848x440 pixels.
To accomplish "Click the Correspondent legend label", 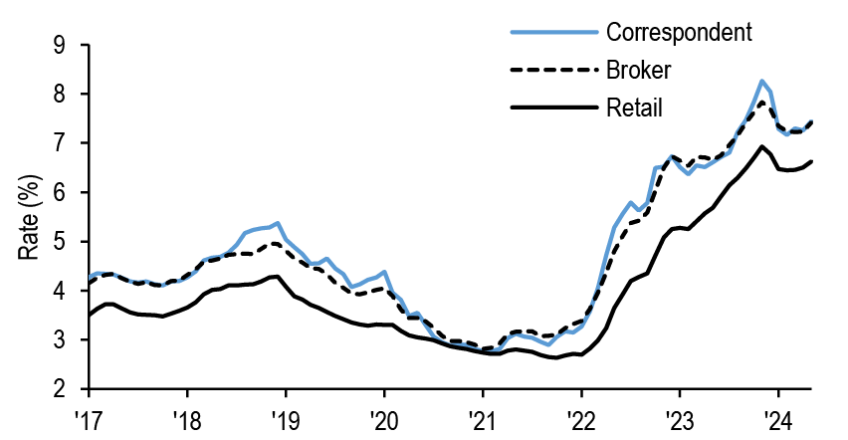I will tap(678, 31).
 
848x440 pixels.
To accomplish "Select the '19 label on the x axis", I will tap(285, 416).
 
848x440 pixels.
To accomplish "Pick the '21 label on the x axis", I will tap(482, 416).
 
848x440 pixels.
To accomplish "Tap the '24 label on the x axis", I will tap(777, 416).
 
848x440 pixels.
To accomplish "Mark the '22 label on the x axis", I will tap(580, 416).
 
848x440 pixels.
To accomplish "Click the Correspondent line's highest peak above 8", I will tap(761, 81).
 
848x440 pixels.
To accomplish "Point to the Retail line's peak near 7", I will tap(761, 146).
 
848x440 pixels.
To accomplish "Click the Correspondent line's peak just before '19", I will tap(278, 223).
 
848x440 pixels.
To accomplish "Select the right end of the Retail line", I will tap(812, 161).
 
